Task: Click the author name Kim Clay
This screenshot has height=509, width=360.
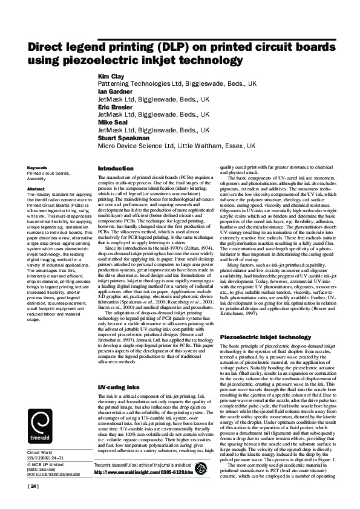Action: pyautogui.click(x=111, y=77)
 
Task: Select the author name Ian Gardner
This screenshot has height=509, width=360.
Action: pyautogui.click(x=114, y=91)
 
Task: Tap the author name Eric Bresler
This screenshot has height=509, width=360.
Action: pyautogui.click(x=114, y=106)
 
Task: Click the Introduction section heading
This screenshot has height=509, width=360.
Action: pyautogui.click(x=116, y=168)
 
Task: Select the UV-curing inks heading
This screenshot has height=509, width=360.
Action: pyautogui.click(x=118, y=369)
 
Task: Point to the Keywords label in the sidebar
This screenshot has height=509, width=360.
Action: pyautogui.click(x=38, y=167)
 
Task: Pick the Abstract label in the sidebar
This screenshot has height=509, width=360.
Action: pyautogui.click(x=36, y=189)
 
